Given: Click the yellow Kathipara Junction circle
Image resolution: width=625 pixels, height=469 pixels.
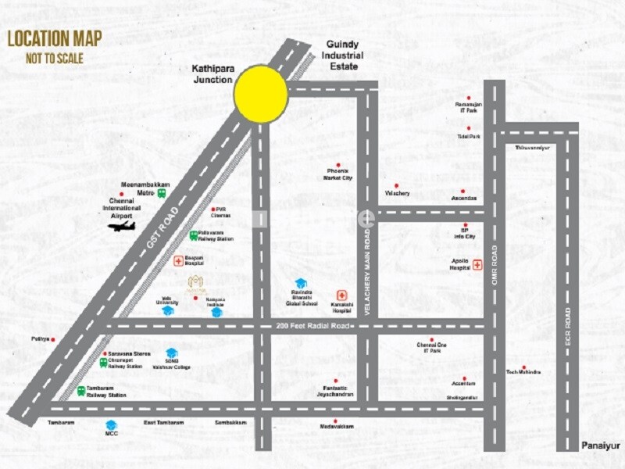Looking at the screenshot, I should (261, 94).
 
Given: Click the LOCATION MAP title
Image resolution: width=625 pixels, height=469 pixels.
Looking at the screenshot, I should (54, 39).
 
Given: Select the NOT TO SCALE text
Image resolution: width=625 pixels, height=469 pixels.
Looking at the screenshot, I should (54, 58).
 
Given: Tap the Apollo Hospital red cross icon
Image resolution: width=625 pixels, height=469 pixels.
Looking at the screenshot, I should (477, 266).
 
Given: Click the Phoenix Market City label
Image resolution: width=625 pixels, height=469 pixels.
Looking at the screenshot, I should (338, 174).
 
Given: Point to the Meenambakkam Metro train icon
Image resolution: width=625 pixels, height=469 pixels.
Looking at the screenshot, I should (161, 190).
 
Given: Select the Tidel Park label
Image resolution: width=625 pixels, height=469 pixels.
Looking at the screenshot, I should (469, 136).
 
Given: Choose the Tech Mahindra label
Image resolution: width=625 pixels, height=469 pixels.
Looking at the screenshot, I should (523, 373).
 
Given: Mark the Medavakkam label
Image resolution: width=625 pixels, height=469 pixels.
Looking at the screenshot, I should (337, 426).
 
